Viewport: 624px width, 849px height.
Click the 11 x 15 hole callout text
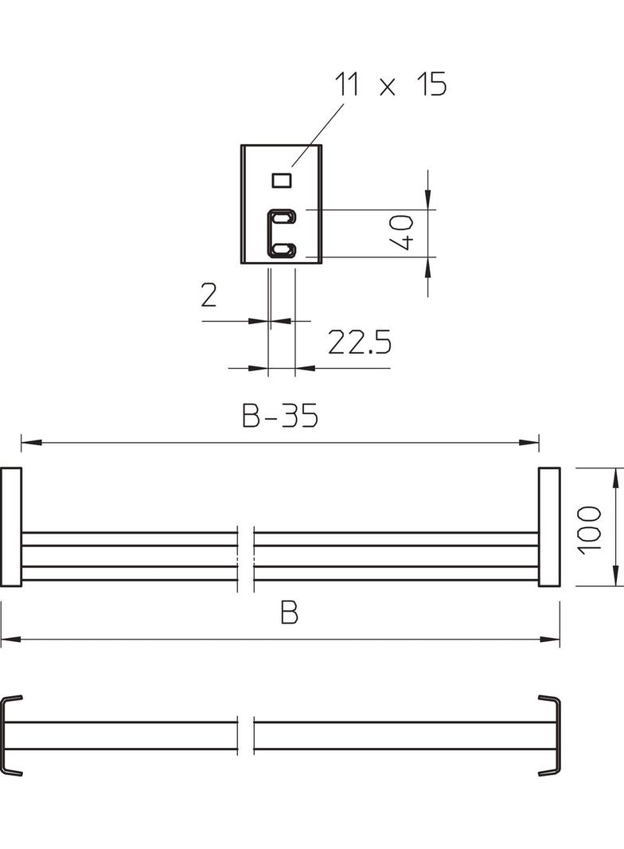[391, 84]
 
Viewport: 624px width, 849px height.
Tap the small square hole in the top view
[282, 180]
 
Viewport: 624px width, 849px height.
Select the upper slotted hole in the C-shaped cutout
[282, 218]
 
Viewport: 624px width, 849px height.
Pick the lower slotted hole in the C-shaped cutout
[282, 249]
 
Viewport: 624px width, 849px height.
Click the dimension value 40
[402, 233]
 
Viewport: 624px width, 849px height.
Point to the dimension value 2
[209, 295]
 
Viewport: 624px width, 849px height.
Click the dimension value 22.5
[359, 342]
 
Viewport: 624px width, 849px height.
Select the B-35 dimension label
[280, 415]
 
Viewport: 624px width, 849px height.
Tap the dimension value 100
[589, 530]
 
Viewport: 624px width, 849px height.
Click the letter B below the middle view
[290, 613]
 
